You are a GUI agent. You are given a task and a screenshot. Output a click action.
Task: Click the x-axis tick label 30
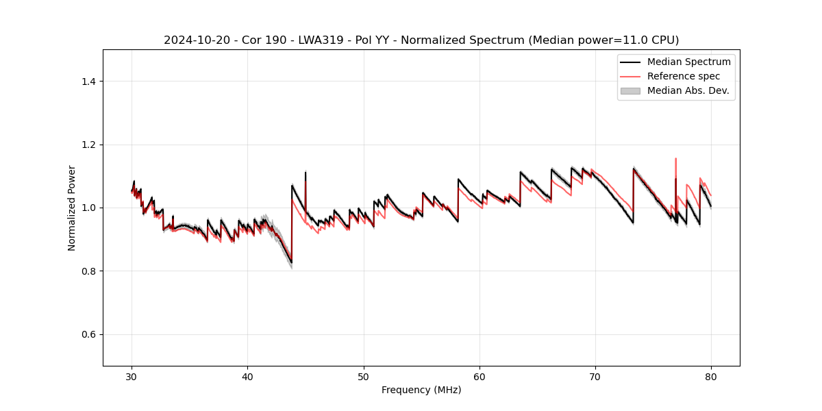tap(132, 377)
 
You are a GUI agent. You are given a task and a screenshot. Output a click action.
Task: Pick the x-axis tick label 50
tap(364, 377)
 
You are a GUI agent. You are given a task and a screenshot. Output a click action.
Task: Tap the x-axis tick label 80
tap(711, 377)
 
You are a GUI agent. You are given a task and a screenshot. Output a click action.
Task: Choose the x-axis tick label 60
tap(480, 377)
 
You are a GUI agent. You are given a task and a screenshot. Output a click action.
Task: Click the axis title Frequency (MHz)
tap(421, 390)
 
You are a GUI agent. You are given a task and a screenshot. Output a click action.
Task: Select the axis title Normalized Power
tap(72, 208)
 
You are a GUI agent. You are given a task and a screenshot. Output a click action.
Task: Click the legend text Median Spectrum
tap(688, 62)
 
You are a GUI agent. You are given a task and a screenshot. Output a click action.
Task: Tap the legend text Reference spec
tap(684, 76)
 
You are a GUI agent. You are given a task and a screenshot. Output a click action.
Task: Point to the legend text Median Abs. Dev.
tap(688, 90)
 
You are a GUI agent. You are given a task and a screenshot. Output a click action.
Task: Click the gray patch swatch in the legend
tap(630, 90)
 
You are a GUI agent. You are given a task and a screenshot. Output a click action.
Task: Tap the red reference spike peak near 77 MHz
tap(675, 158)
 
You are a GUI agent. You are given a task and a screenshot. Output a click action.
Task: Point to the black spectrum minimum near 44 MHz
tap(291, 262)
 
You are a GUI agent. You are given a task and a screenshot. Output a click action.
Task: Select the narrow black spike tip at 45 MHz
tap(305, 172)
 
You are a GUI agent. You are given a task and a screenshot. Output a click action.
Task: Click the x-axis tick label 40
tap(248, 377)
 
